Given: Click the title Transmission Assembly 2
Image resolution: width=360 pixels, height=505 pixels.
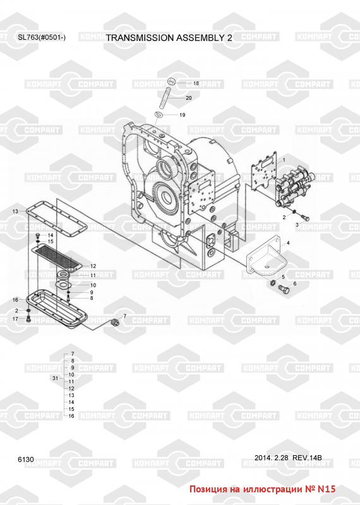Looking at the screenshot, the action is [169, 38].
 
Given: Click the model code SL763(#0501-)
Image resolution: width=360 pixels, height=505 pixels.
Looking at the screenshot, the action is [42, 37].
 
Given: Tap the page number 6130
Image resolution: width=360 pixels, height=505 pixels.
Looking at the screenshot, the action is [26, 460].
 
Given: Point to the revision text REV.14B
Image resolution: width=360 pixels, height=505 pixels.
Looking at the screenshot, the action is [307, 458].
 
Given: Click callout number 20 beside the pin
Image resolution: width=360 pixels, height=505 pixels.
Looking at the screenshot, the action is [189, 98].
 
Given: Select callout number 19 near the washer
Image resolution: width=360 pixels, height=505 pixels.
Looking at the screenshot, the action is [183, 115].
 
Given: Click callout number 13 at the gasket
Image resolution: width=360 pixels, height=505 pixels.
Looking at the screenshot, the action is [15, 211].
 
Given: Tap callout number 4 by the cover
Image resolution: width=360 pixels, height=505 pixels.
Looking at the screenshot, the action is [288, 243].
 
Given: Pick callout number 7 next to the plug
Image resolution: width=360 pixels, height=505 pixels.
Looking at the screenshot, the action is [124, 317].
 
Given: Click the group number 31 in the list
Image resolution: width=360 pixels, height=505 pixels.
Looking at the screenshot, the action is [55, 378].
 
